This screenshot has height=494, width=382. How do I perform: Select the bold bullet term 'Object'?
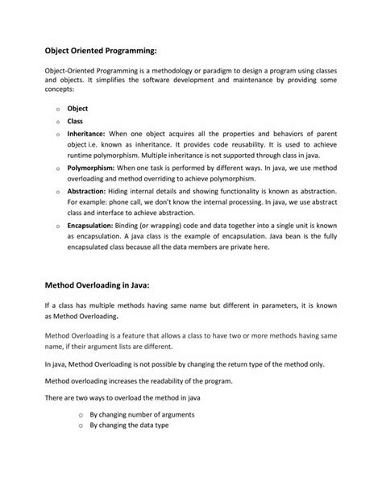click(x=78, y=107)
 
